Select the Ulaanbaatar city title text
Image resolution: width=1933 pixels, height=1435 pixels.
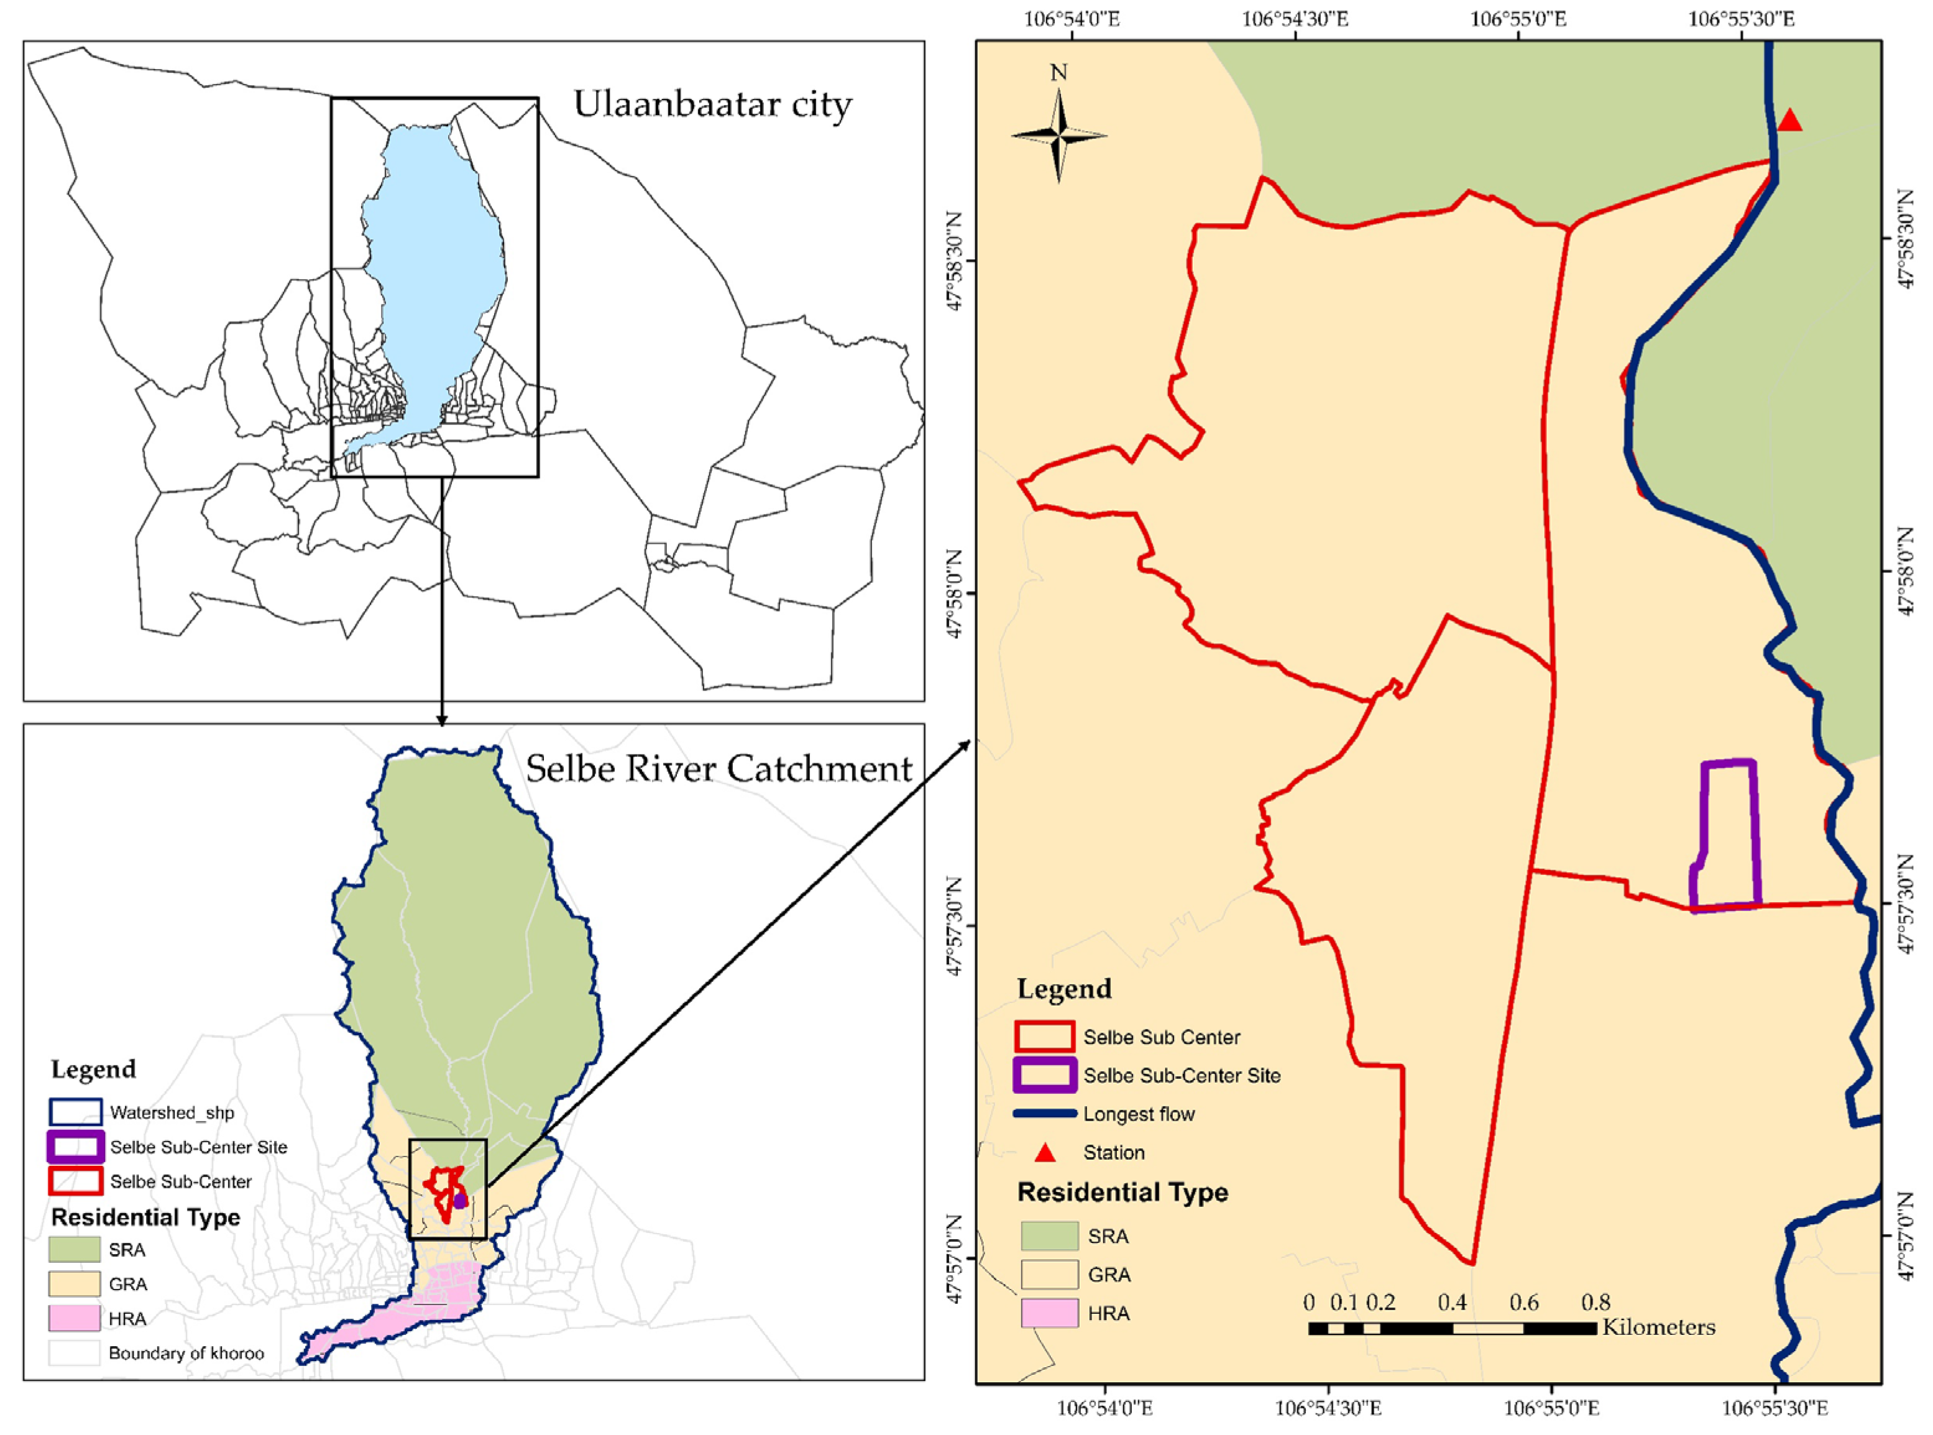(x=712, y=104)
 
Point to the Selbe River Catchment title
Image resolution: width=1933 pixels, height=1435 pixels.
(x=719, y=769)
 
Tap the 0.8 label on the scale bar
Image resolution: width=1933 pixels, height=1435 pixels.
(x=1595, y=1302)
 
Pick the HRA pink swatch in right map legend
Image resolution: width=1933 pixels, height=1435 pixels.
(x=1049, y=1313)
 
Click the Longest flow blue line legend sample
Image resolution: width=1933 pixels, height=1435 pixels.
(x=1045, y=1114)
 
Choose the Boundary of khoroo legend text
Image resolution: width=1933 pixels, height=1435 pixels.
(x=186, y=1352)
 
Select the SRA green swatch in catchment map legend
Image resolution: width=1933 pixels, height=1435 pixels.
(x=74, y=1249)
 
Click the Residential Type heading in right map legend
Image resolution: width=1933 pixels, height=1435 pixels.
(x=1123, y=1192)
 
